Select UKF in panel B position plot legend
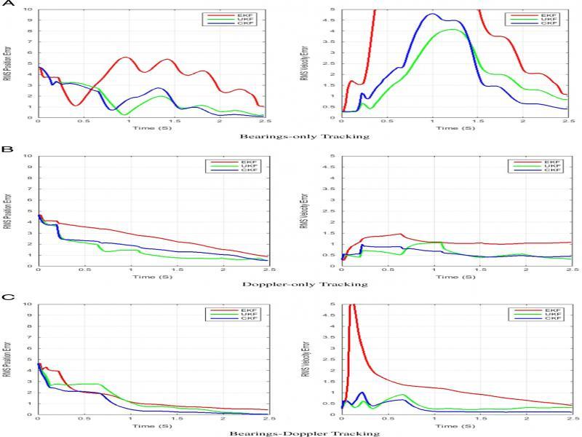click(x=250, y=167)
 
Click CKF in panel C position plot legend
click(x=250, y=320)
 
